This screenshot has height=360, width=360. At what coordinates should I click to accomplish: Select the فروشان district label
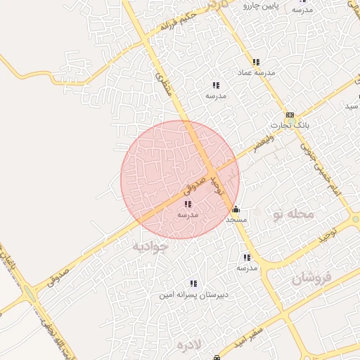coord(311,278)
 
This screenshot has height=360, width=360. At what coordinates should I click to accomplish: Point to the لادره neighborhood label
coord(189,345)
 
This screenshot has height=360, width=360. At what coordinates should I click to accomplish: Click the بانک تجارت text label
coord(290,125)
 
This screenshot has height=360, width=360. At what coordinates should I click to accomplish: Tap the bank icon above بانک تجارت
coord(290,115)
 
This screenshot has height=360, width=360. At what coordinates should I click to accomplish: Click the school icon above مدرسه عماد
coord(256,62)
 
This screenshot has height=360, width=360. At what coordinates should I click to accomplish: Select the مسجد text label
coord(236,220)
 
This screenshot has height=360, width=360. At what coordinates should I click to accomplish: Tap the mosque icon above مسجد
coord(236,210)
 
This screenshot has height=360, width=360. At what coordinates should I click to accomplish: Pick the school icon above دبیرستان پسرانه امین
coord(193,284)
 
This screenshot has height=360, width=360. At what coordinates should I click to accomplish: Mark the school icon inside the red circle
coord(188,204)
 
